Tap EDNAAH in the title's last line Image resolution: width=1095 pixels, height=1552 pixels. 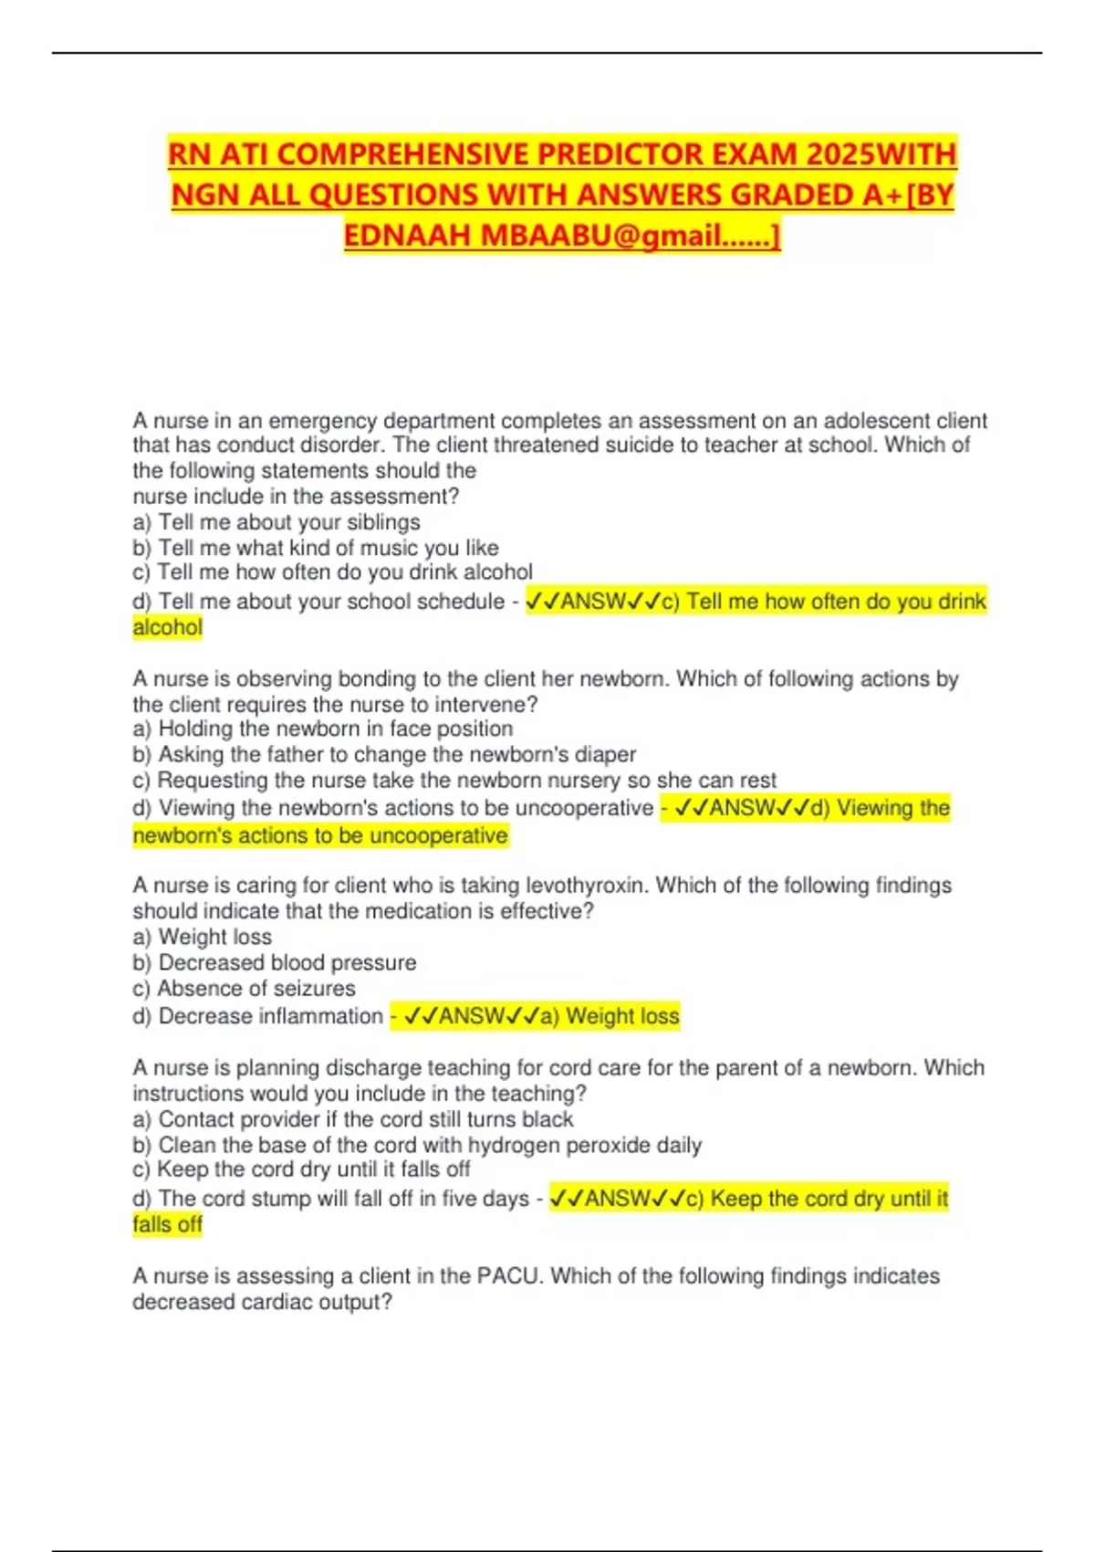[x=408, y=236]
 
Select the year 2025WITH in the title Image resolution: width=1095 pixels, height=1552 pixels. [x=881, y=153]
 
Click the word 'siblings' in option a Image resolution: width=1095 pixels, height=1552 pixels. [x=383, y=522]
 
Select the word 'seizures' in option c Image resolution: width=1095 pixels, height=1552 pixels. [x=311, y=989]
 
